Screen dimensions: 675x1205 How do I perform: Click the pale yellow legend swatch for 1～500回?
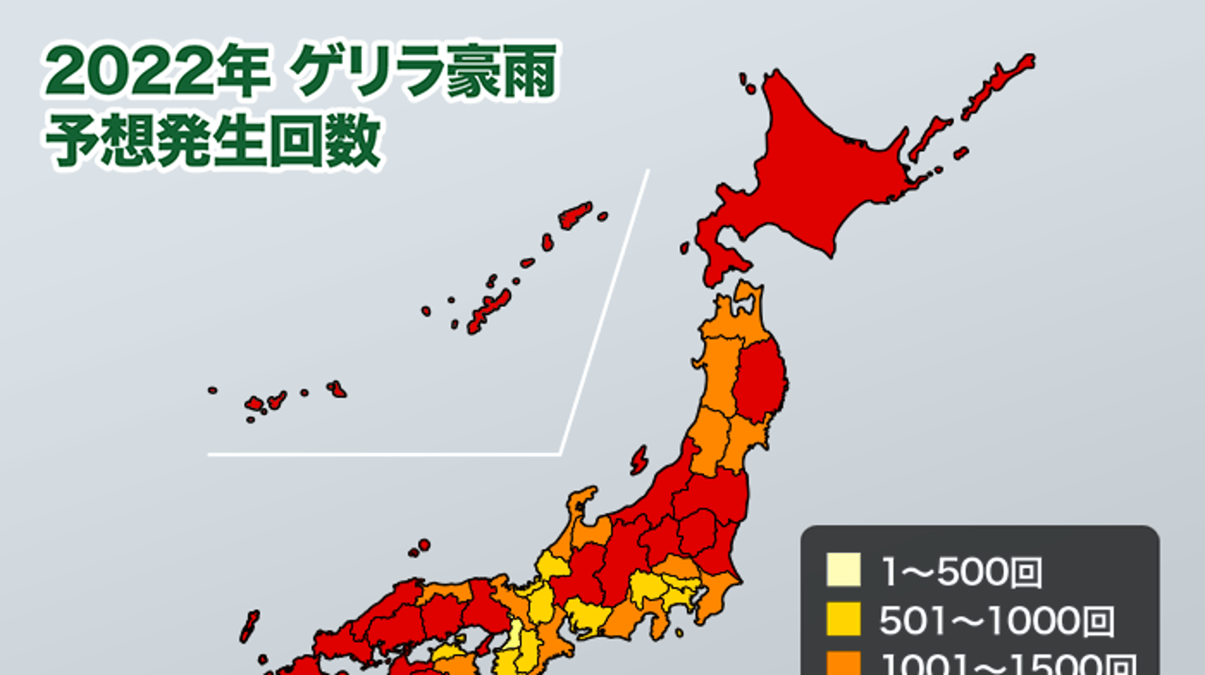pyautogui.click(x=844, y=570)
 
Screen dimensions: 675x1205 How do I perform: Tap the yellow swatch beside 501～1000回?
pyautogui.click(x=844, y=619)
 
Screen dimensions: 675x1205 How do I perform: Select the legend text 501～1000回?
pyautogui.click(x=996, y=621)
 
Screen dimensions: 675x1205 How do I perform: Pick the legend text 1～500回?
pyautogui.click(x=960, y=572)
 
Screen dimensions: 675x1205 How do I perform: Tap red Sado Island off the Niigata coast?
pyautogui.click(x=638, y=461)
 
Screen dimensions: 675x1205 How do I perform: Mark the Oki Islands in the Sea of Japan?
pyautogui.click(x=422, y=546)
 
